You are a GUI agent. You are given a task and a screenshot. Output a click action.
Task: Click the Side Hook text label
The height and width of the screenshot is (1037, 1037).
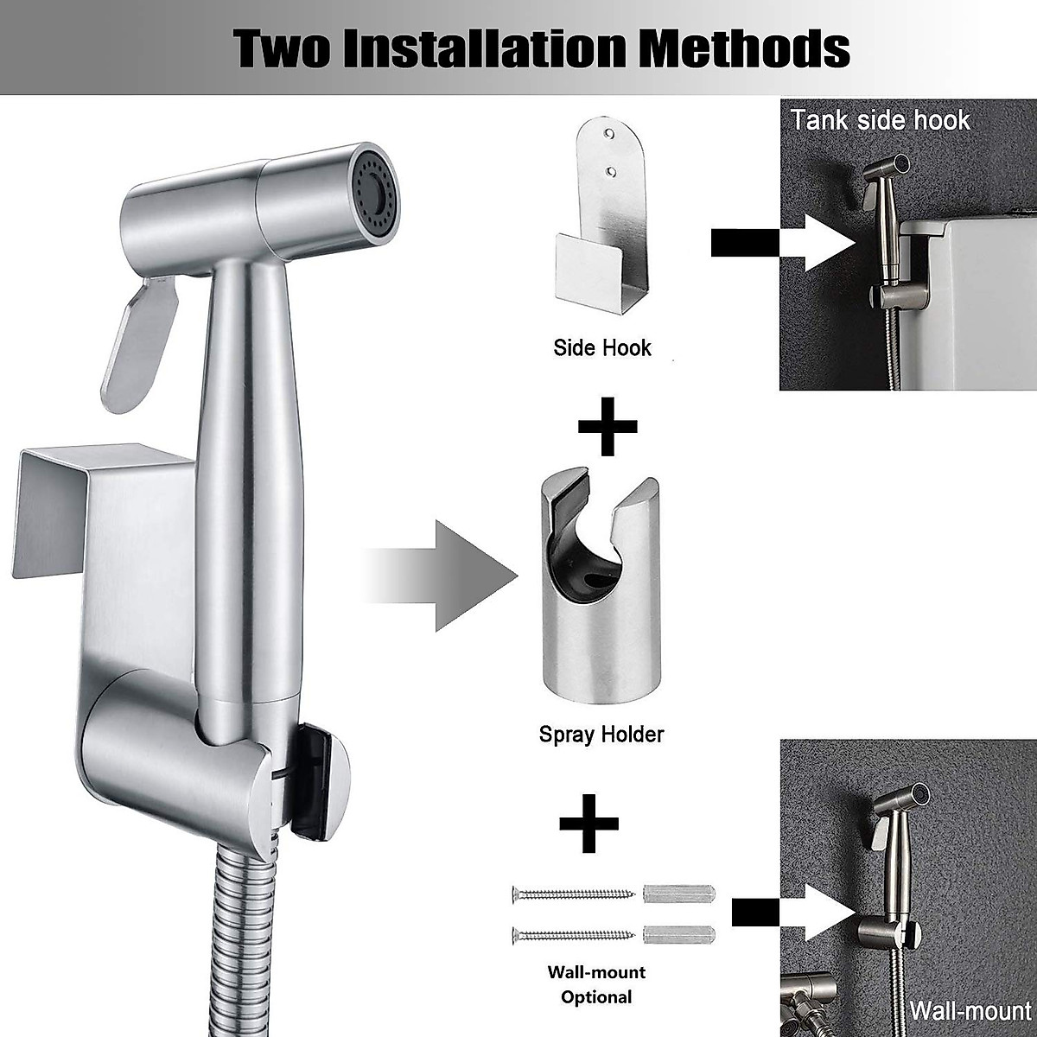coord(601,348)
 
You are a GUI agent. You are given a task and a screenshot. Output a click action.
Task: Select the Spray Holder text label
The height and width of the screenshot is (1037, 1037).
coord(601,735)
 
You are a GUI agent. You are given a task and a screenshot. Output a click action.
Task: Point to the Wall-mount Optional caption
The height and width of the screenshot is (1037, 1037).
coord(596,984)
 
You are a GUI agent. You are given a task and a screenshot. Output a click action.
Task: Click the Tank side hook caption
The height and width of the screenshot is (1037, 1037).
coord(881,119)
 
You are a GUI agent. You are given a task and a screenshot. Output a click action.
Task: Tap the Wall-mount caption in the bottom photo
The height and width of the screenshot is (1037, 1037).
coord(970,1011)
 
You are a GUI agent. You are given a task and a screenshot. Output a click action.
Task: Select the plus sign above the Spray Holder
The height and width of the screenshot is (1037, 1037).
coord(608,425)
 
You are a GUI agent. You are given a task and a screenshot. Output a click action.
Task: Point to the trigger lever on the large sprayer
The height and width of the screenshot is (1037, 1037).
coord(138,341)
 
